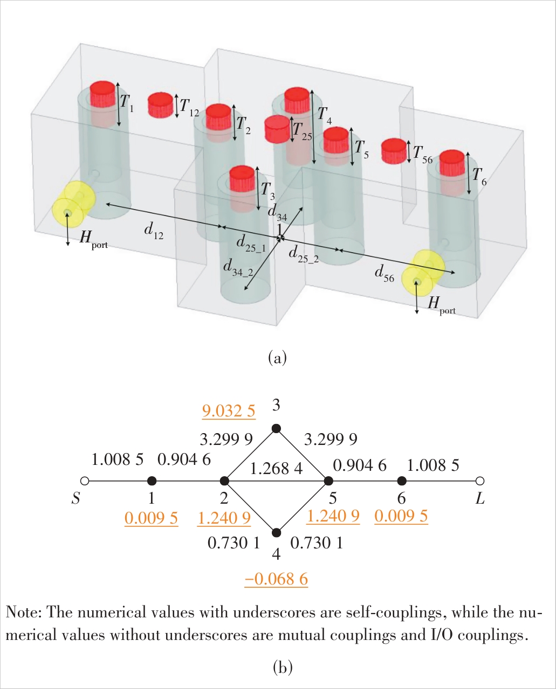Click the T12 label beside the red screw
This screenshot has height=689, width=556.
click(189, 107)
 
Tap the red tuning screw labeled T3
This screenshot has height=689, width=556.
click(242, 178)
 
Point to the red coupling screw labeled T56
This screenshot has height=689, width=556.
click(394, 151)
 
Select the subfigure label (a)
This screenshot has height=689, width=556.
click(277, 357)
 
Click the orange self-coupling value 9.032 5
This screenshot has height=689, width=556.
click(229, 412)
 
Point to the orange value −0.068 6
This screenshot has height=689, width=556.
click(276, 579)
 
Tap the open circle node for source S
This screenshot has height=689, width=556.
click(84, 481)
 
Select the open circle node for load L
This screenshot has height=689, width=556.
click(480, 481)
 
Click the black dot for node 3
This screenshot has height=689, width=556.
click(276, 428)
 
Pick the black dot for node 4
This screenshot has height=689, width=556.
click(276, 533)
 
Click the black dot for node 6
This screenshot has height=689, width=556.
click(401, 481)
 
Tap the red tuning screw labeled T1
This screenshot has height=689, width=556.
click(102, 95)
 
